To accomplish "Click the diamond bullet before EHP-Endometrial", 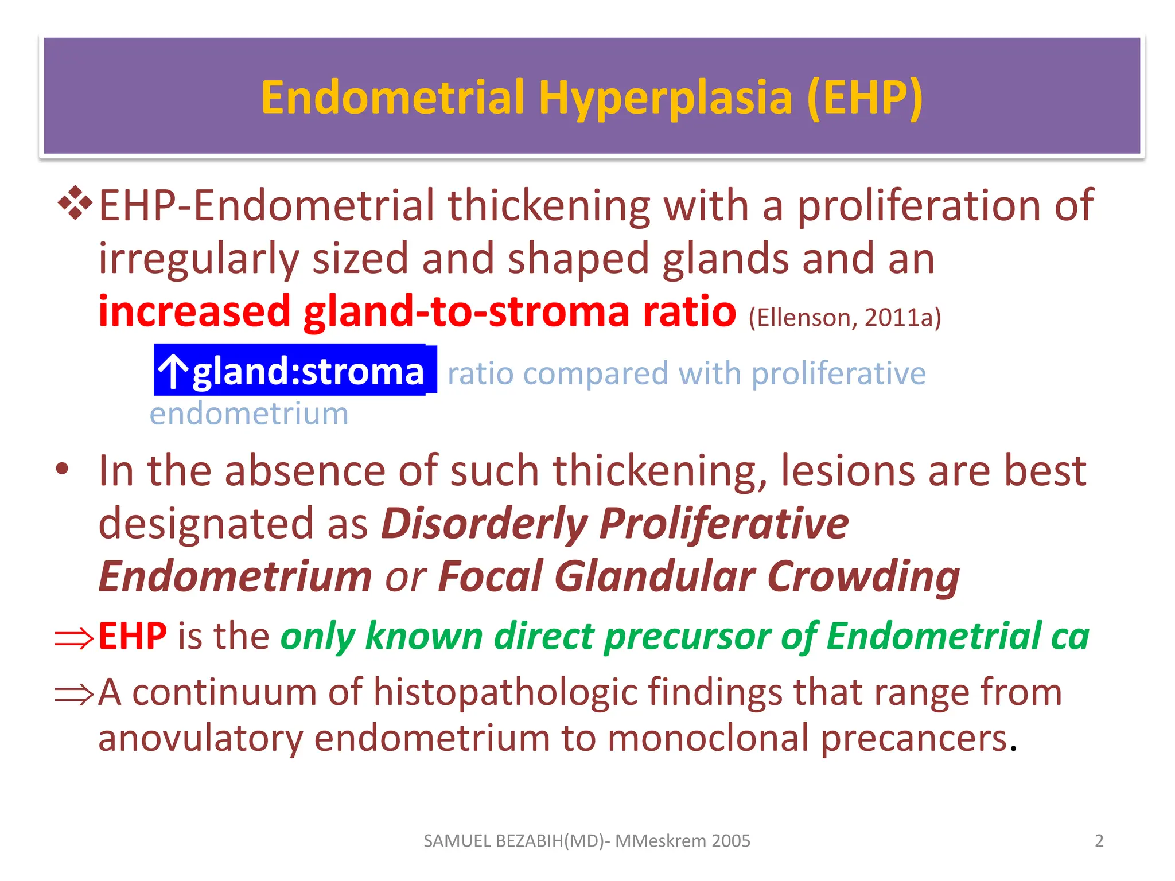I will click(x=75, y=204).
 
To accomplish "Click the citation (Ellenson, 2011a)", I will click(x=845, y=318).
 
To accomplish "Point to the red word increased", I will click(x=194, y=311).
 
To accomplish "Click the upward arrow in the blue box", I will click(x=173, y=371).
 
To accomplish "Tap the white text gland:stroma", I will click(x=308, y=371).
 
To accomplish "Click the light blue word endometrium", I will click(x=249, y=414).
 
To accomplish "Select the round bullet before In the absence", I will click(x=63, y=469).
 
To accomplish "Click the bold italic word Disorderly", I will click(x=484, y=524).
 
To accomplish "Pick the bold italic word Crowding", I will click(x=863, y=576).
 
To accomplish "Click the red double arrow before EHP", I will click(x=74, y=638).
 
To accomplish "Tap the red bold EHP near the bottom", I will click(x=133, y=636).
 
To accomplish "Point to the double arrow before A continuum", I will click(x=74, y=694).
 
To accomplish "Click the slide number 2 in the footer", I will click(x=1099, y=841).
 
